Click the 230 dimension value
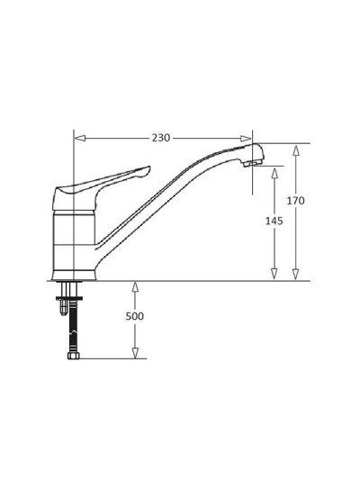[160, 139]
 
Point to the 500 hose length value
[135, 317]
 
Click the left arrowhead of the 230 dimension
[78, 139]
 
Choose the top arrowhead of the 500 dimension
[135, 286]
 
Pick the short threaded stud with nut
[62, 304]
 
